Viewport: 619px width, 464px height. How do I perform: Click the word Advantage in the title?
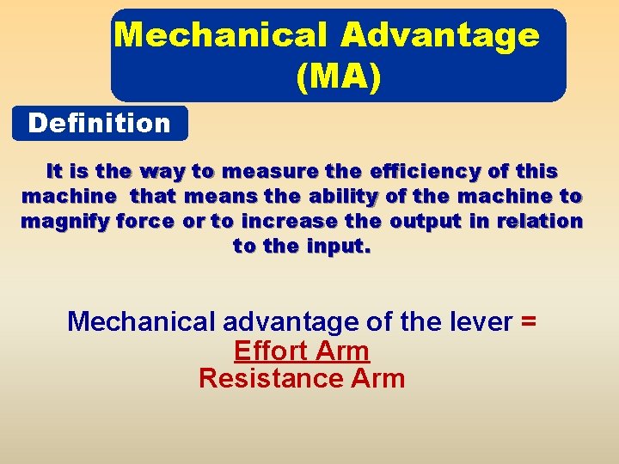(440, 35)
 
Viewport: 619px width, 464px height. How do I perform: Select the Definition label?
(100, 124)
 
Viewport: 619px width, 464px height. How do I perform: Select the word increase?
(290, 221)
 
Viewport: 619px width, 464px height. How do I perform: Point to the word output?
(426, 221)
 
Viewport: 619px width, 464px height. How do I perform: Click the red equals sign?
(529, 321)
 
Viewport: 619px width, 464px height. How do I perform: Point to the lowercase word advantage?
(290, 322)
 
